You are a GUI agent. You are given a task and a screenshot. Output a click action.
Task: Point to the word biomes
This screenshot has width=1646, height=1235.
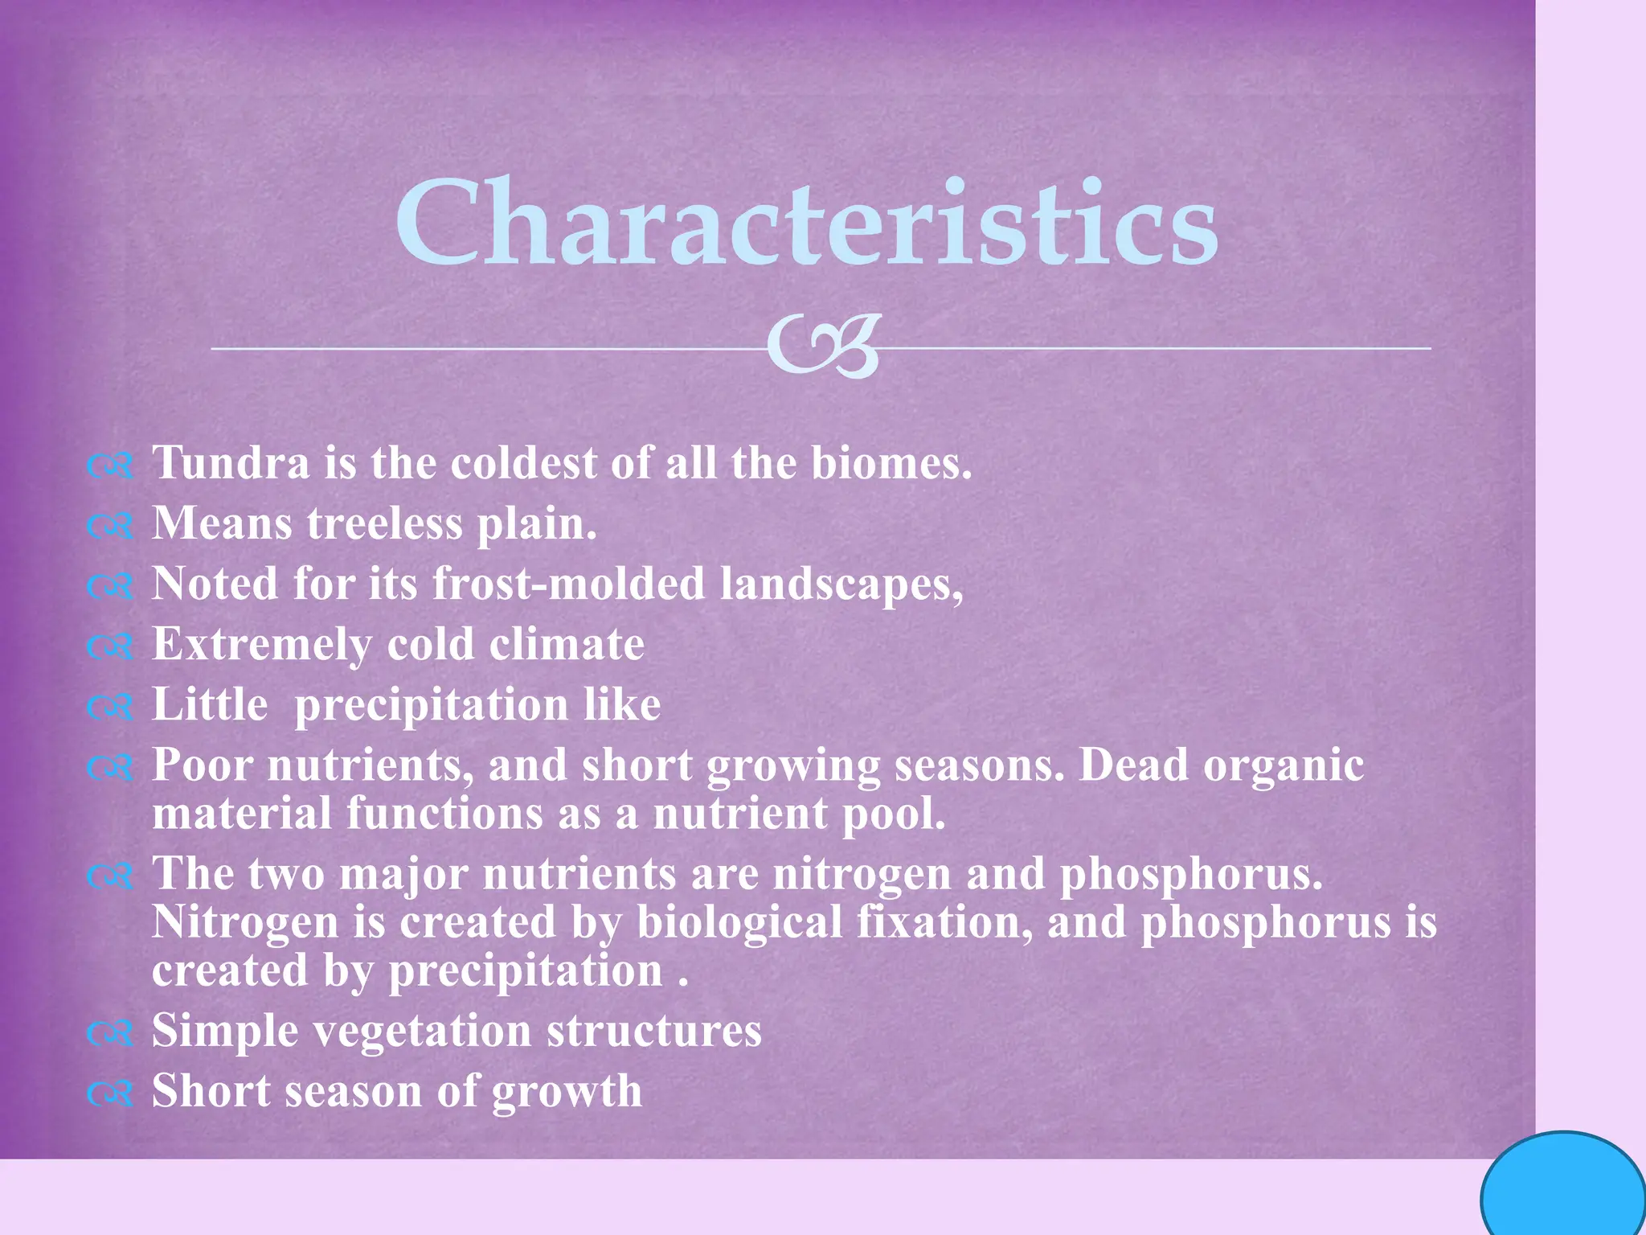pos(891,464)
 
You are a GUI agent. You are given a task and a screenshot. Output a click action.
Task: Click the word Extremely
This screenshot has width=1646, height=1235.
pos(262,645)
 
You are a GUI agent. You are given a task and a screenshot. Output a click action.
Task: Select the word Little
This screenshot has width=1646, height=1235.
pos(210,705)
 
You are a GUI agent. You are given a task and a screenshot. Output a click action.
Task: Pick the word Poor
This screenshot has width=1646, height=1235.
pos(203,765)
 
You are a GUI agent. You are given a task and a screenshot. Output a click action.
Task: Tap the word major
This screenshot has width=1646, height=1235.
pos(403,875)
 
